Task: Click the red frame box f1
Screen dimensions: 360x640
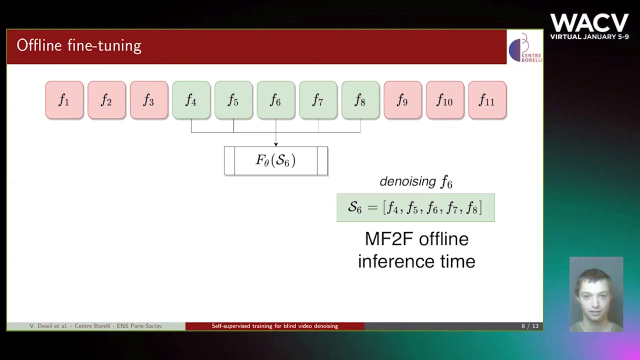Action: tap(64, 100)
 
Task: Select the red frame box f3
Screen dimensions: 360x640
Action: tap(149, 100)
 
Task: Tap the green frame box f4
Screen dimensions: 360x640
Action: tap(191, 100)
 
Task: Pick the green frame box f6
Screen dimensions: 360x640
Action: tap(276, 100)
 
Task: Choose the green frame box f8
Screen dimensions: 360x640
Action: tap(360, 100)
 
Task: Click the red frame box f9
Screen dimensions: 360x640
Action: tap(403, 100)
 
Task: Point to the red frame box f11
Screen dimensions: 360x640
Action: tap(487, 100)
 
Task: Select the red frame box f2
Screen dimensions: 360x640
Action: tap(106, 100)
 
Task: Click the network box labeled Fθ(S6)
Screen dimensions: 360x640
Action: tap(276, 161)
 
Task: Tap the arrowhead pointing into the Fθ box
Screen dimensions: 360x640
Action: tap(276, 144)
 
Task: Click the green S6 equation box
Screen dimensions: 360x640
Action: tap(415, 208)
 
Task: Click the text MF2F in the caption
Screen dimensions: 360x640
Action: tap(389, 239)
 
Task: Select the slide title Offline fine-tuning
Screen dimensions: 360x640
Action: tap(79, 46)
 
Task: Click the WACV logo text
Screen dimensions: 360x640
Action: tap(589, 23)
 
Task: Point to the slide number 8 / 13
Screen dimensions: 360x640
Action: tap(530, 326)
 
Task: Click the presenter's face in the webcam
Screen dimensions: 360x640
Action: tap(594, 290)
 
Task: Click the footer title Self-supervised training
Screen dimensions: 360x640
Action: tap(274, 326)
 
